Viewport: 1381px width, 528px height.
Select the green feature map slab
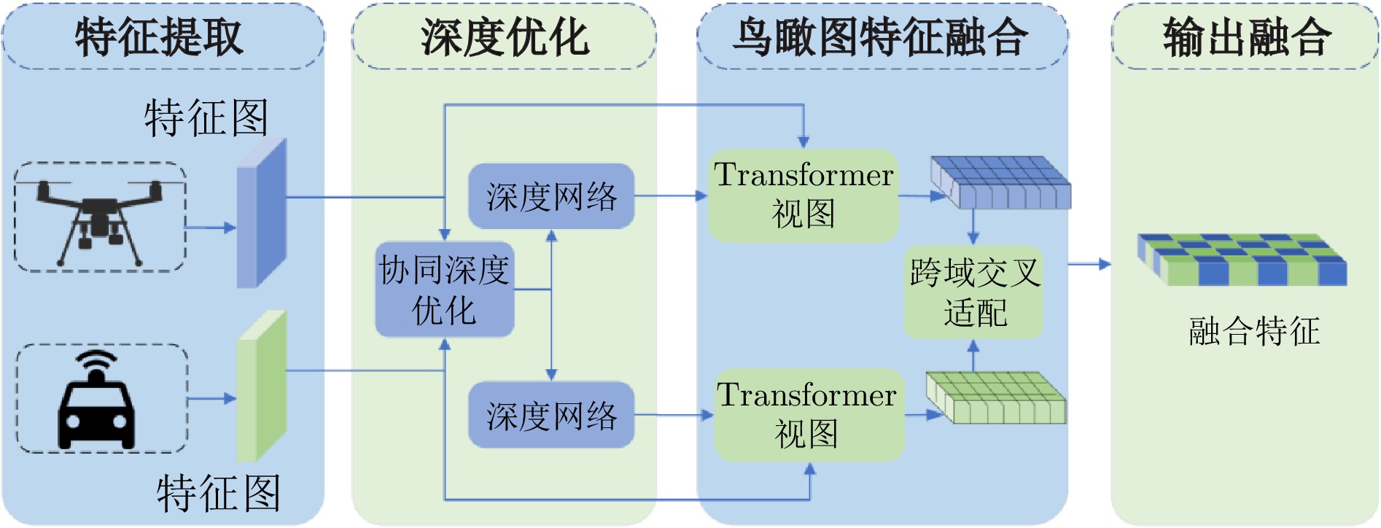(x=261, y=387)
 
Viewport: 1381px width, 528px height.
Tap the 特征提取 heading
(x=160, y=37)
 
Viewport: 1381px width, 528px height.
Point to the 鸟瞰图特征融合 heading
(x=881, y=37)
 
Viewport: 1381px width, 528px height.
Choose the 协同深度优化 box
(x=444, y=290)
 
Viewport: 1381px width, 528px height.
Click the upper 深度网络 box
(x=551, y=196)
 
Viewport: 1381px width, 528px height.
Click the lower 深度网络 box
(x=551, y=415)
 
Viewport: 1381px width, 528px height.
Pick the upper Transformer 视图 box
(x=804, y=195)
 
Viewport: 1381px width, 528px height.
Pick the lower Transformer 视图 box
(x=808, y=415)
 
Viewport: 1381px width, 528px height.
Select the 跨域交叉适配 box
(x=974, y=292)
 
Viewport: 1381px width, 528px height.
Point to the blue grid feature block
(x=1000, y=182)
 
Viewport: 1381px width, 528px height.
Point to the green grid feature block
(x=996, y=398)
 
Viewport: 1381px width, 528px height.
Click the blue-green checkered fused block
(x=1242, y=260)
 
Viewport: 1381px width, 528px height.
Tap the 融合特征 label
(x=1254, y=331)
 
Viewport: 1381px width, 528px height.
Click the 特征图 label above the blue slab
(x=206, y=118)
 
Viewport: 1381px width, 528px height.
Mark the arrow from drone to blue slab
(x=211, y=228)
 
